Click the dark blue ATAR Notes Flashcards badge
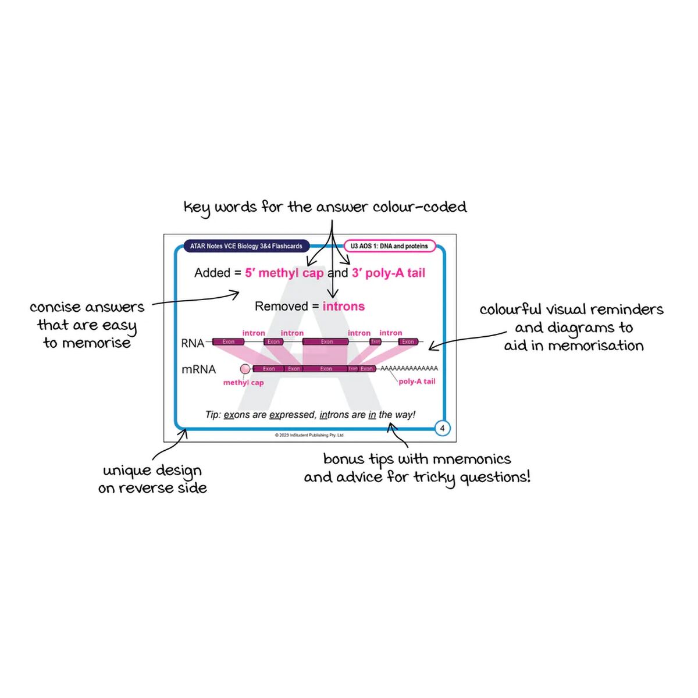246,246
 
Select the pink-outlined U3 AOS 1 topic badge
389,246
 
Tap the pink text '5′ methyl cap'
284,273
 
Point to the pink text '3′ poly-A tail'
389,273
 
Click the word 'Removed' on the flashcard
281,307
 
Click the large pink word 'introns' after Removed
344,307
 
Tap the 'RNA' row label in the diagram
193,343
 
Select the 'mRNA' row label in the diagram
198,369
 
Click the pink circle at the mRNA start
245,369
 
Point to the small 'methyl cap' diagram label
243,383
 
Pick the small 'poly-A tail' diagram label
416,382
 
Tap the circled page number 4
442,428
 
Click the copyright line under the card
309,435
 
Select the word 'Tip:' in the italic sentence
213,415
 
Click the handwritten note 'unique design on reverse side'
152,479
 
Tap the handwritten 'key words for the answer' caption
325,207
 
